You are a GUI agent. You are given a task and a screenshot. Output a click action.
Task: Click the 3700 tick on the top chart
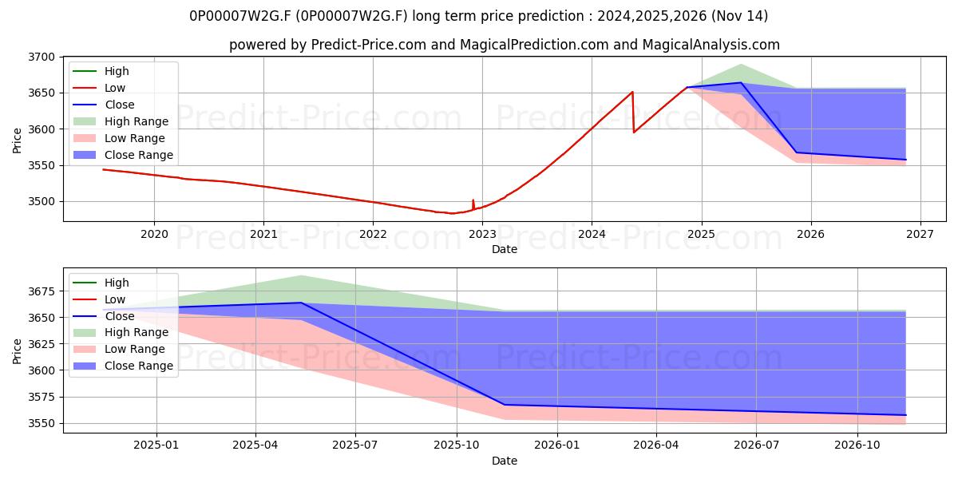pyautogui.click(x=42, y=57)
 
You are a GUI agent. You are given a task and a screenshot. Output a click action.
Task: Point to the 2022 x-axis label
pyautogui.click(x=373, y=235)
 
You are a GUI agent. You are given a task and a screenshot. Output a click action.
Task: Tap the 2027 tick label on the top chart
pyautogui.click(x=920, y=235)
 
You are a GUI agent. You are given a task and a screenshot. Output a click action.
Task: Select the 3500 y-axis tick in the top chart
pyautogui.click(x=42, y=201)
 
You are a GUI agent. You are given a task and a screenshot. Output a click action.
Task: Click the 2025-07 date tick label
pyautogui.click(x=355, y=445)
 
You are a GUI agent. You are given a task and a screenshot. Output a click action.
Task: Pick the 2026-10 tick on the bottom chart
pyautogui.click(x=857, y=445)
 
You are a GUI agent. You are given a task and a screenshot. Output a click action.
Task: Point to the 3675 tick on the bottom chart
pyautogui.click(x=42, y=291)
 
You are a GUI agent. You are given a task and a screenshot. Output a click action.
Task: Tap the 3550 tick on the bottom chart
pyautogui.click(x=42, y=423)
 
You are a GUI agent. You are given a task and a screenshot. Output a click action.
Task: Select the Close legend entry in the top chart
pyautogui.click(x=104, y=105)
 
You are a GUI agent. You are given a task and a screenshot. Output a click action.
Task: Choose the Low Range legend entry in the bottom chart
pyautogui.click(x=119, y=349)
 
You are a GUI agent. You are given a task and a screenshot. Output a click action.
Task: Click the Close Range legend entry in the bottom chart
pyautogui.click(x=123, y=366)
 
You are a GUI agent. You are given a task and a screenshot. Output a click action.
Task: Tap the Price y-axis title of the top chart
pyautogui.click(x=17, y=141)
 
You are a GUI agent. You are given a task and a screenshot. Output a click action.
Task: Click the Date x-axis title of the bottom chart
pyautogui.click(x=505, y=461)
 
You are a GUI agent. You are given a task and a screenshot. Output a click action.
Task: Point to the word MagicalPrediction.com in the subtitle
pyautogui.click(x=534, y=45)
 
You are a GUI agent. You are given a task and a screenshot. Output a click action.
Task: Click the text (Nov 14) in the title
pyautogui.click(x=739, y=16)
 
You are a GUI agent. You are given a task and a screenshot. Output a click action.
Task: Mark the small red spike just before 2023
pyautogui.click(x=473, y=200)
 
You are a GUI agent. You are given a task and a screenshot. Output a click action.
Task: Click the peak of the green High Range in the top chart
pyautogui.click(x=741, y=65)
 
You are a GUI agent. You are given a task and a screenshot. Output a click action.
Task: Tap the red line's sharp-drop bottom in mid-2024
pyautogui.click(x=634, y=133)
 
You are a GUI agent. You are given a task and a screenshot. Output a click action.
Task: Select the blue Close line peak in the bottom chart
pyautogui.click(x=301, y=303)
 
